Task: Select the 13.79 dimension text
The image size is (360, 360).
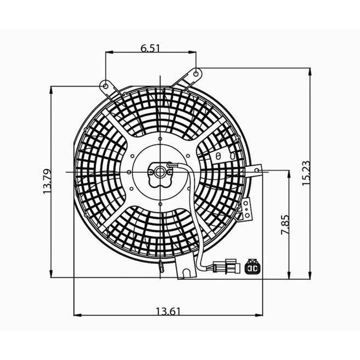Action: coord(48,181)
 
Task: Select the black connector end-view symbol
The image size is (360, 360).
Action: coord(253,267)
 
